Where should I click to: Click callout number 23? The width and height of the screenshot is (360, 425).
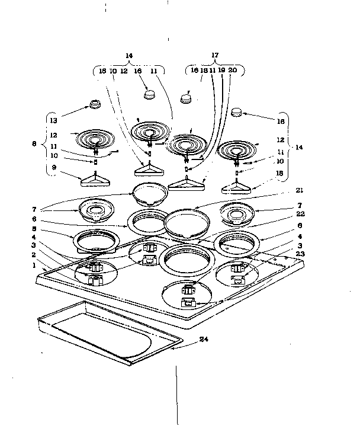click(301, 254)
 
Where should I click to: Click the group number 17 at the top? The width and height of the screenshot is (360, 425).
click(214, 56)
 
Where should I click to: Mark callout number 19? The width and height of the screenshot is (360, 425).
click(221, 70)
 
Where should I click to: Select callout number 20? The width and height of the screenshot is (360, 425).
click(233, 70)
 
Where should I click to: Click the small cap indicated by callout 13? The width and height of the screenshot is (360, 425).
click(94, 106)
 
